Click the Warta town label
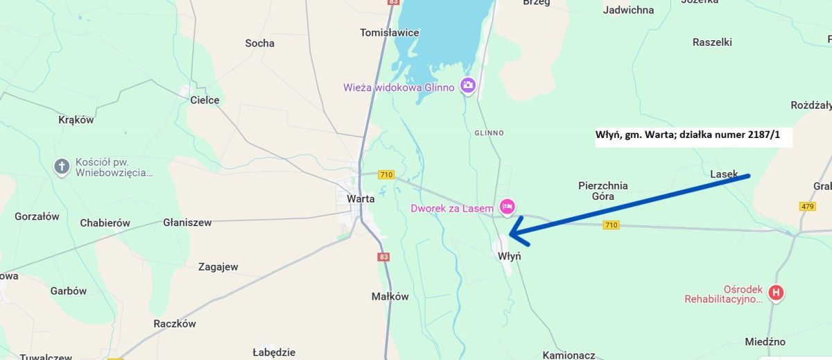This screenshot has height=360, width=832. pos(361,198)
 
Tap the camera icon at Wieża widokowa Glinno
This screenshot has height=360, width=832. pos(468,85)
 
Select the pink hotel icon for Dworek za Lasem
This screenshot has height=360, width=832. pos(508,206)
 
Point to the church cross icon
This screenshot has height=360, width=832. pos(62,166)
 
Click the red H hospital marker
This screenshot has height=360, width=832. pos(777,293)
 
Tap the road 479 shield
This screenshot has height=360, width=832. pos(807,207)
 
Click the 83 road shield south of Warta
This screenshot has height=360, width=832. pos(384,257)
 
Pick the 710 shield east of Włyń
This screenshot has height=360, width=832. pos(611,225)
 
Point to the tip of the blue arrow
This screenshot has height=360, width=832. pos(511,234)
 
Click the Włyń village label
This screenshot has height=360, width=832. pos(509,256)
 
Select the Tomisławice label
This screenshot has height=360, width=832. pos(390,33)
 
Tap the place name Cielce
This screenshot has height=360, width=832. pos(205,100)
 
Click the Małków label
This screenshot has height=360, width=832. pos(390,296)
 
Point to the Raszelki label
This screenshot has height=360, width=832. pos(712,42)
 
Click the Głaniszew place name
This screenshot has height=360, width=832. pos(187,223)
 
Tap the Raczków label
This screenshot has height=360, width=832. pos(175,324)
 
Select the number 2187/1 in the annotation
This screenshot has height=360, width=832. pos(764,135)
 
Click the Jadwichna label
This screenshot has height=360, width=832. pos(628,10)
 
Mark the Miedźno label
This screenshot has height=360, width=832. pos(765,342)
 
